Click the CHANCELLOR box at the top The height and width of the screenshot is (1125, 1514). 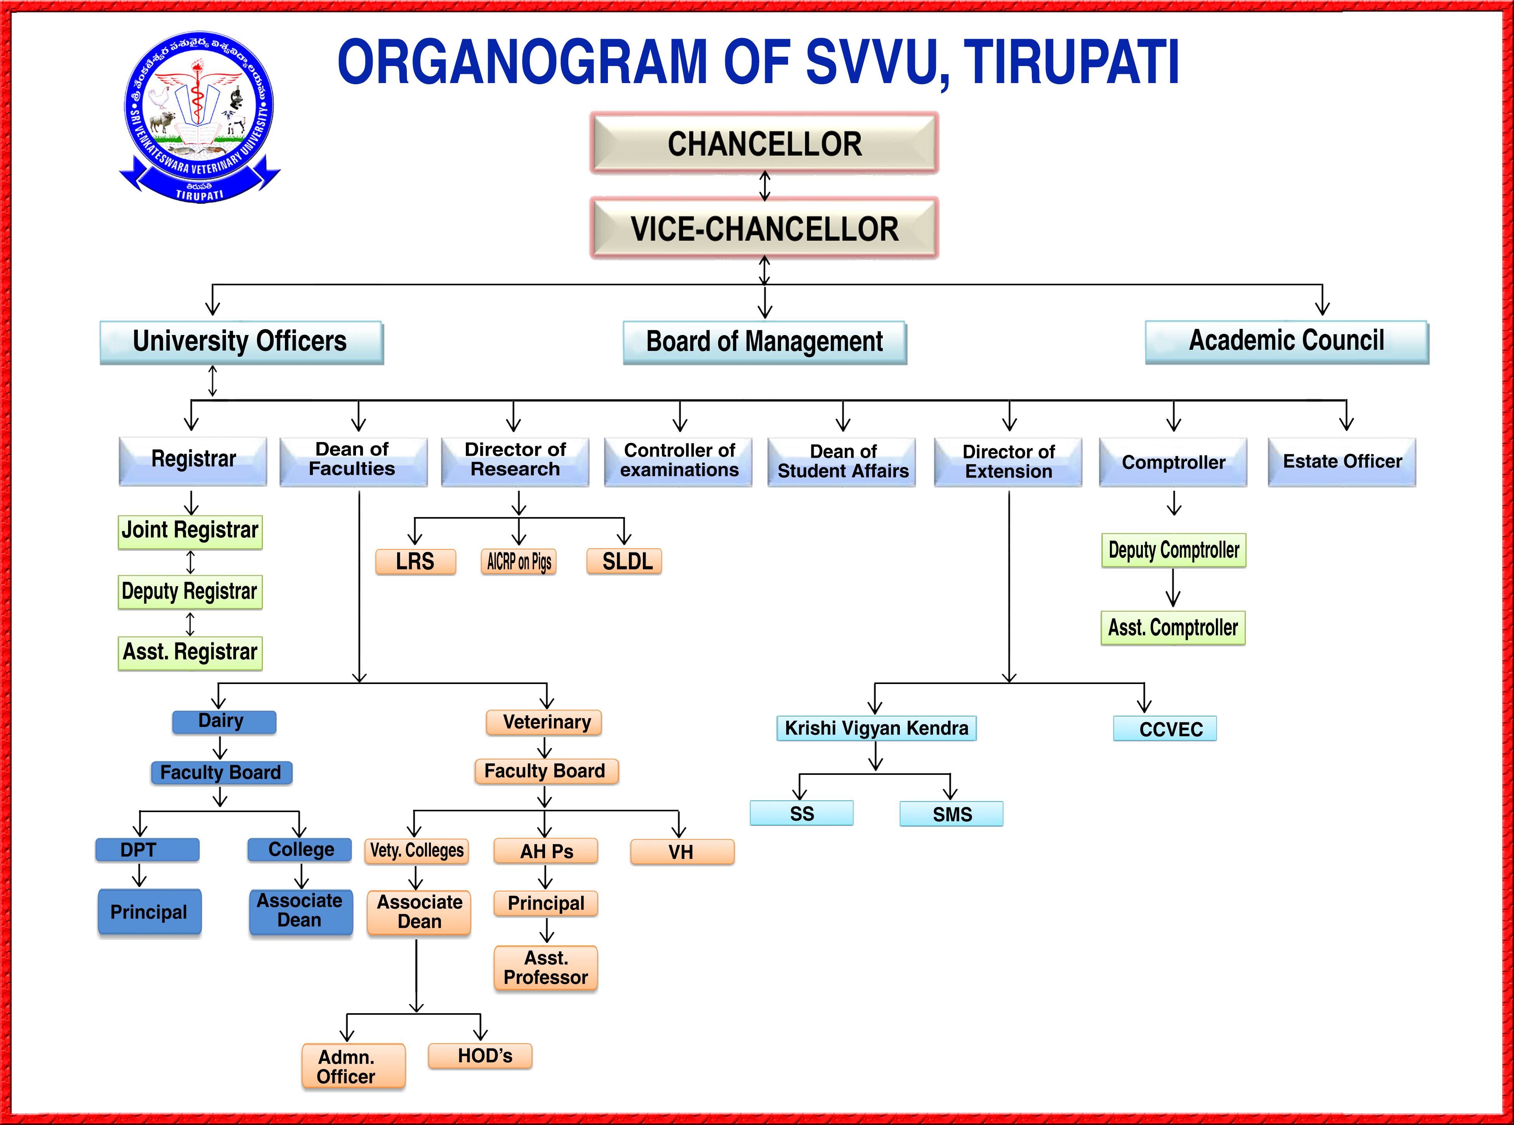click(x=764, y=143)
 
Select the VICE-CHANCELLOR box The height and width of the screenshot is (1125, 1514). click(x=764, y=228)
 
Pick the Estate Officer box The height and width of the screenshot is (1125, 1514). click(x=1342, y=462)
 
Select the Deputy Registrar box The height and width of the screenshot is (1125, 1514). click(x=190, y=592)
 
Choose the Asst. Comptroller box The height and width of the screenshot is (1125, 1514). click(x=1173, y=627)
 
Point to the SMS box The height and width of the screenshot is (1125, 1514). click(x=951, y=814)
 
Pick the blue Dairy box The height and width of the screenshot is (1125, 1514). click(x=224, y=722)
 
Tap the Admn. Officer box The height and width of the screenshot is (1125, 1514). click(x=354, y=1066)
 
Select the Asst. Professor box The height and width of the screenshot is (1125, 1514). click(x=545, y=968)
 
